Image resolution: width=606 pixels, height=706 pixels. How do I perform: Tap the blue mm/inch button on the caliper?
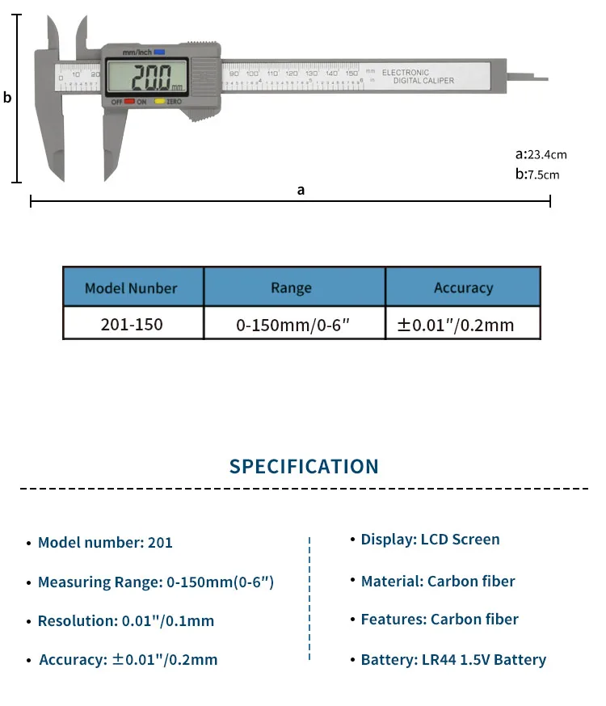tap(159, 52)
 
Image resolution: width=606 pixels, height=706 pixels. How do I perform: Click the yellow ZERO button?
tap(160, 102)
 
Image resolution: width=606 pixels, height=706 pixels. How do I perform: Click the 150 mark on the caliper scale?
tap(352, 74)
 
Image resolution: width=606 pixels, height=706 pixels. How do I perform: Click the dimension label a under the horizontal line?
tap(301, 190)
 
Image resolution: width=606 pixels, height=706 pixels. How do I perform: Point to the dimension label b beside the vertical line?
tap(7, 98)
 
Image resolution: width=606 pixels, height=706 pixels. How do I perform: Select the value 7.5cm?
tap(543, 174)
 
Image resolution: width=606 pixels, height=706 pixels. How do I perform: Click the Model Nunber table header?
tap(131, 288)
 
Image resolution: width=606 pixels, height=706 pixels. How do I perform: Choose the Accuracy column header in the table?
tap(463, 288)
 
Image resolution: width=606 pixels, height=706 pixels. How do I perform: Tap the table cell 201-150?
tap(132, 325)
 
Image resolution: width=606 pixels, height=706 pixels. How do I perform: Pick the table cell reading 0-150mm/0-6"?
tap(292, 326)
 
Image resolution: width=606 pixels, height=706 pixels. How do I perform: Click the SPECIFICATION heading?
tap(304, 467)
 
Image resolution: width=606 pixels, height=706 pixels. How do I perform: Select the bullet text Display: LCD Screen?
tap(430, 540)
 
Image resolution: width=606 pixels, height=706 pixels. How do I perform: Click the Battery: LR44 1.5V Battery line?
tap(453, 660)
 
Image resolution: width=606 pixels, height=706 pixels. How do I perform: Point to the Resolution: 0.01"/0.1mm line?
tap(125, 621)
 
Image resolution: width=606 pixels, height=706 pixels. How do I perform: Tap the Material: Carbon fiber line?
tap(437, 582)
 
